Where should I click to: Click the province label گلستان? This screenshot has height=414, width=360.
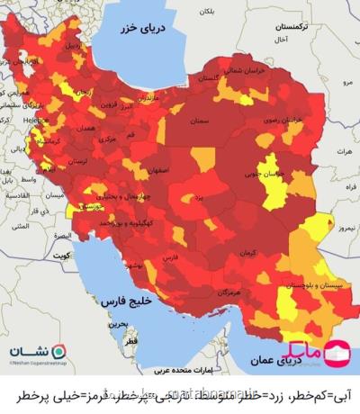(206, 77)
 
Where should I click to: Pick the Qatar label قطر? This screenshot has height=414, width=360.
(132, 343)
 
